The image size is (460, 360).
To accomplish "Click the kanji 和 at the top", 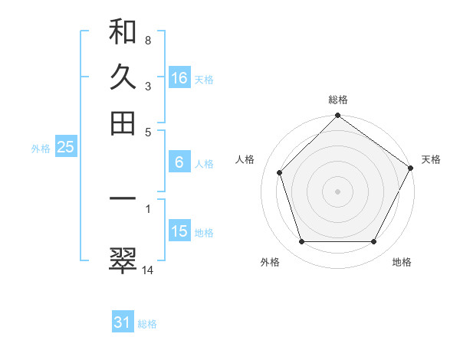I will pos(123,32).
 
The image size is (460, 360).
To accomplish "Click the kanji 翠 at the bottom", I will pos(123,260).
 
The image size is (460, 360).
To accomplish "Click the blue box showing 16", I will pos(179,78).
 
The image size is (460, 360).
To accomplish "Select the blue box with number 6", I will pos(179,162).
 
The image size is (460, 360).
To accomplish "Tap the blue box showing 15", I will pos(179,231).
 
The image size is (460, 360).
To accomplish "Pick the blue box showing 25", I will pos(65,148).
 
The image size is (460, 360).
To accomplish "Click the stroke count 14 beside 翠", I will pos(148,269).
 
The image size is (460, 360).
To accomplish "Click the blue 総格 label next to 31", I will pos(147,324).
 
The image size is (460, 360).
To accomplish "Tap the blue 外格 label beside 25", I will pos(41,149).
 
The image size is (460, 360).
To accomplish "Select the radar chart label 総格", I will pos(338,100).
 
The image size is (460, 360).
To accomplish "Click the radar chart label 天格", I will pos(431,159).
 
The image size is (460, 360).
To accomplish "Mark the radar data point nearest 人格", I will pos(280,172).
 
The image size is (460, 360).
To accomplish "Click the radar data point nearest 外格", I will pos(301,241).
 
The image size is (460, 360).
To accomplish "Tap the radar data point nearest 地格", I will pos(374,241).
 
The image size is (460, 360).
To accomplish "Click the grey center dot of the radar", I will pos(338,191).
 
